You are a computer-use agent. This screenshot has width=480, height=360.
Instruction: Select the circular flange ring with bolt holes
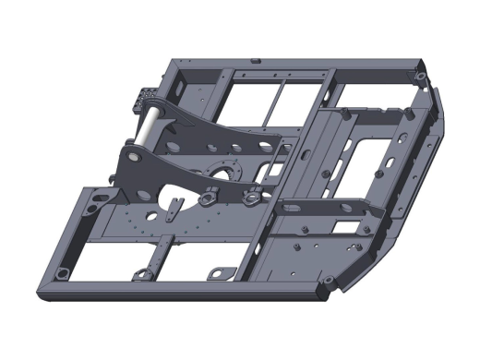[x=224, y=168]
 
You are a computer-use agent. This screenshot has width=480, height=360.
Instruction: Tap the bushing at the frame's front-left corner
[x=62, y=274]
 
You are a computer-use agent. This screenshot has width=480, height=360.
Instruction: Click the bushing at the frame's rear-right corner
[x=420, y=75]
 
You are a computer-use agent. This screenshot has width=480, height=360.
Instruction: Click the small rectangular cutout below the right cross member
[x=345, y=226]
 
